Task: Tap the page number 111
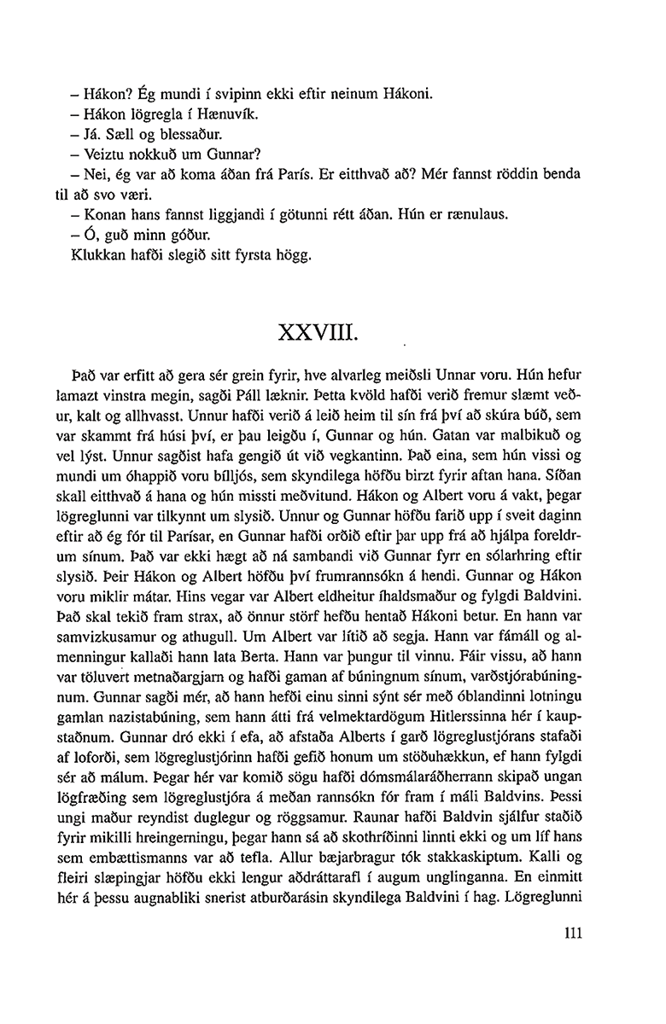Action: point(572,934)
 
